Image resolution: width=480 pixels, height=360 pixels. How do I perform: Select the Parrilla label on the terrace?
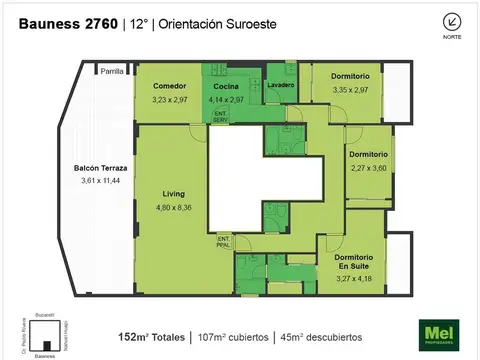tap(112, 71)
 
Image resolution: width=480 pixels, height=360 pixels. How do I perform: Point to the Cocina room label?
tap(226, 86)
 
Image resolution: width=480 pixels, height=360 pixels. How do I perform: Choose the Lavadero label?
tap(279, 86)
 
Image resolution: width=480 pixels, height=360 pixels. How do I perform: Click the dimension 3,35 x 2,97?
tap(351, 90)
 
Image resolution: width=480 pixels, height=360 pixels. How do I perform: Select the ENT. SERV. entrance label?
tap(220, 117)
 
